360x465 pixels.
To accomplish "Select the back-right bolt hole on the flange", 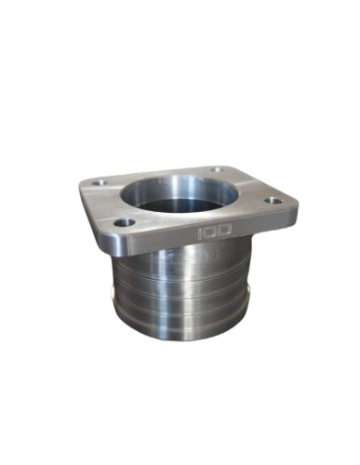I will (x=218, y=170).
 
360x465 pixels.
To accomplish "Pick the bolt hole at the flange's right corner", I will (x=273, y=200).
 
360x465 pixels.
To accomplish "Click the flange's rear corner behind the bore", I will (x=223, y=166).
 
